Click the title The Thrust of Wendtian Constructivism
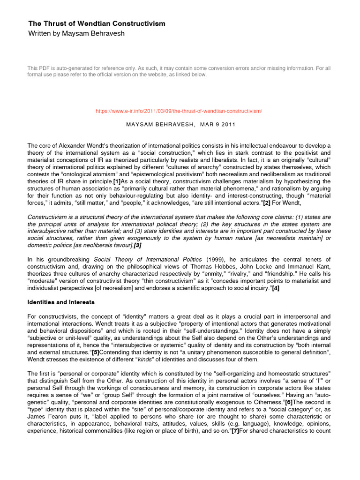(x=97, y=23)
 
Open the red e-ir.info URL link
(x=179, y=111)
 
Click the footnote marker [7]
(x=235, y=429)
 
